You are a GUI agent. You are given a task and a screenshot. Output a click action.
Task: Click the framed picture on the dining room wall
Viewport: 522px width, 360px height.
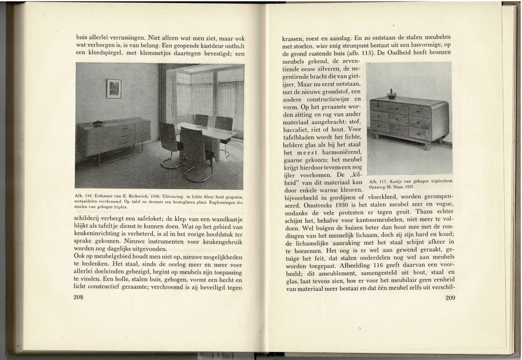click(x=114, y=88)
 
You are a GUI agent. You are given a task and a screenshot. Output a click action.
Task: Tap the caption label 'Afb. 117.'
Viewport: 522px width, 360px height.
click(x=375, y=181)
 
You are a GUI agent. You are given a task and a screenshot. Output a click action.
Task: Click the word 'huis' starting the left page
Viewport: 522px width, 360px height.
click(x=81, y=37)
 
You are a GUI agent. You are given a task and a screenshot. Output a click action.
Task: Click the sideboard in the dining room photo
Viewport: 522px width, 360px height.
click(x=114, y=137)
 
